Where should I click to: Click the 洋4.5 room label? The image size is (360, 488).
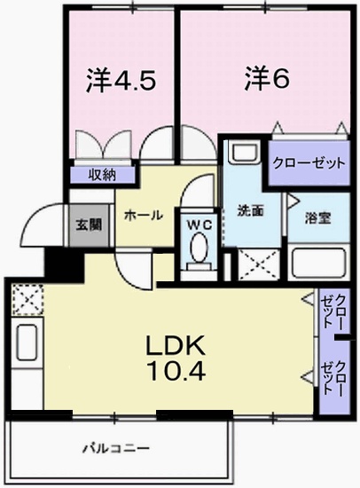click(121, 81)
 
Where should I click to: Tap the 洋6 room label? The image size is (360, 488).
click(267, 79)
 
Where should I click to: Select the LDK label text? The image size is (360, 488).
click(184, 344)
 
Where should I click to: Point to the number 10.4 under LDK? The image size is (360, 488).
click(184, 371)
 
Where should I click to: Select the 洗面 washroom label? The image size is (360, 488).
click(250, 211)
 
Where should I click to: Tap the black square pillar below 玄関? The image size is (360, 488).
click(62, 262)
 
